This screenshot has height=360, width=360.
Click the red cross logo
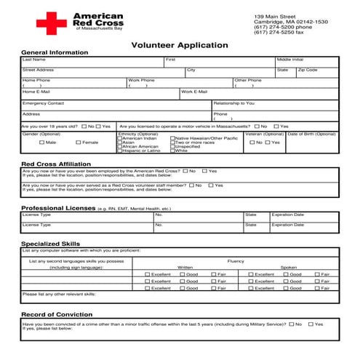click(x=52, y=23)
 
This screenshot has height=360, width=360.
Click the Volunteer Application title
click(x=179, y=45)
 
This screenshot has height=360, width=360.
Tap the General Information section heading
click(x=54, y=53)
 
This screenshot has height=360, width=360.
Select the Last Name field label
click(x=33, y=60)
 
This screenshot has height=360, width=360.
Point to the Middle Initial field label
click(x=289, y=60)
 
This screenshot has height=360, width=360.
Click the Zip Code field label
click(x=307, y=70)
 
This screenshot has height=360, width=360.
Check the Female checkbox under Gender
click(x=79, y=143)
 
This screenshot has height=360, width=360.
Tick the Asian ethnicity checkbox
click(x=119, y=143)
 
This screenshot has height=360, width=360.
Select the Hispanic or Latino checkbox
click(x=119, y=151)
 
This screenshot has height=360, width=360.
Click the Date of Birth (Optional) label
click(x=312, y=134)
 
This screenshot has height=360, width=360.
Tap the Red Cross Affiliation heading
click(x=56, y=164)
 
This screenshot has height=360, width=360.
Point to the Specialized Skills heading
click(x=49, y=244)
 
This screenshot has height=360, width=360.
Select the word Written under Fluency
click(x=185, y=267)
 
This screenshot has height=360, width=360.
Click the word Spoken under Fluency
click(x=289, y=267)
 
